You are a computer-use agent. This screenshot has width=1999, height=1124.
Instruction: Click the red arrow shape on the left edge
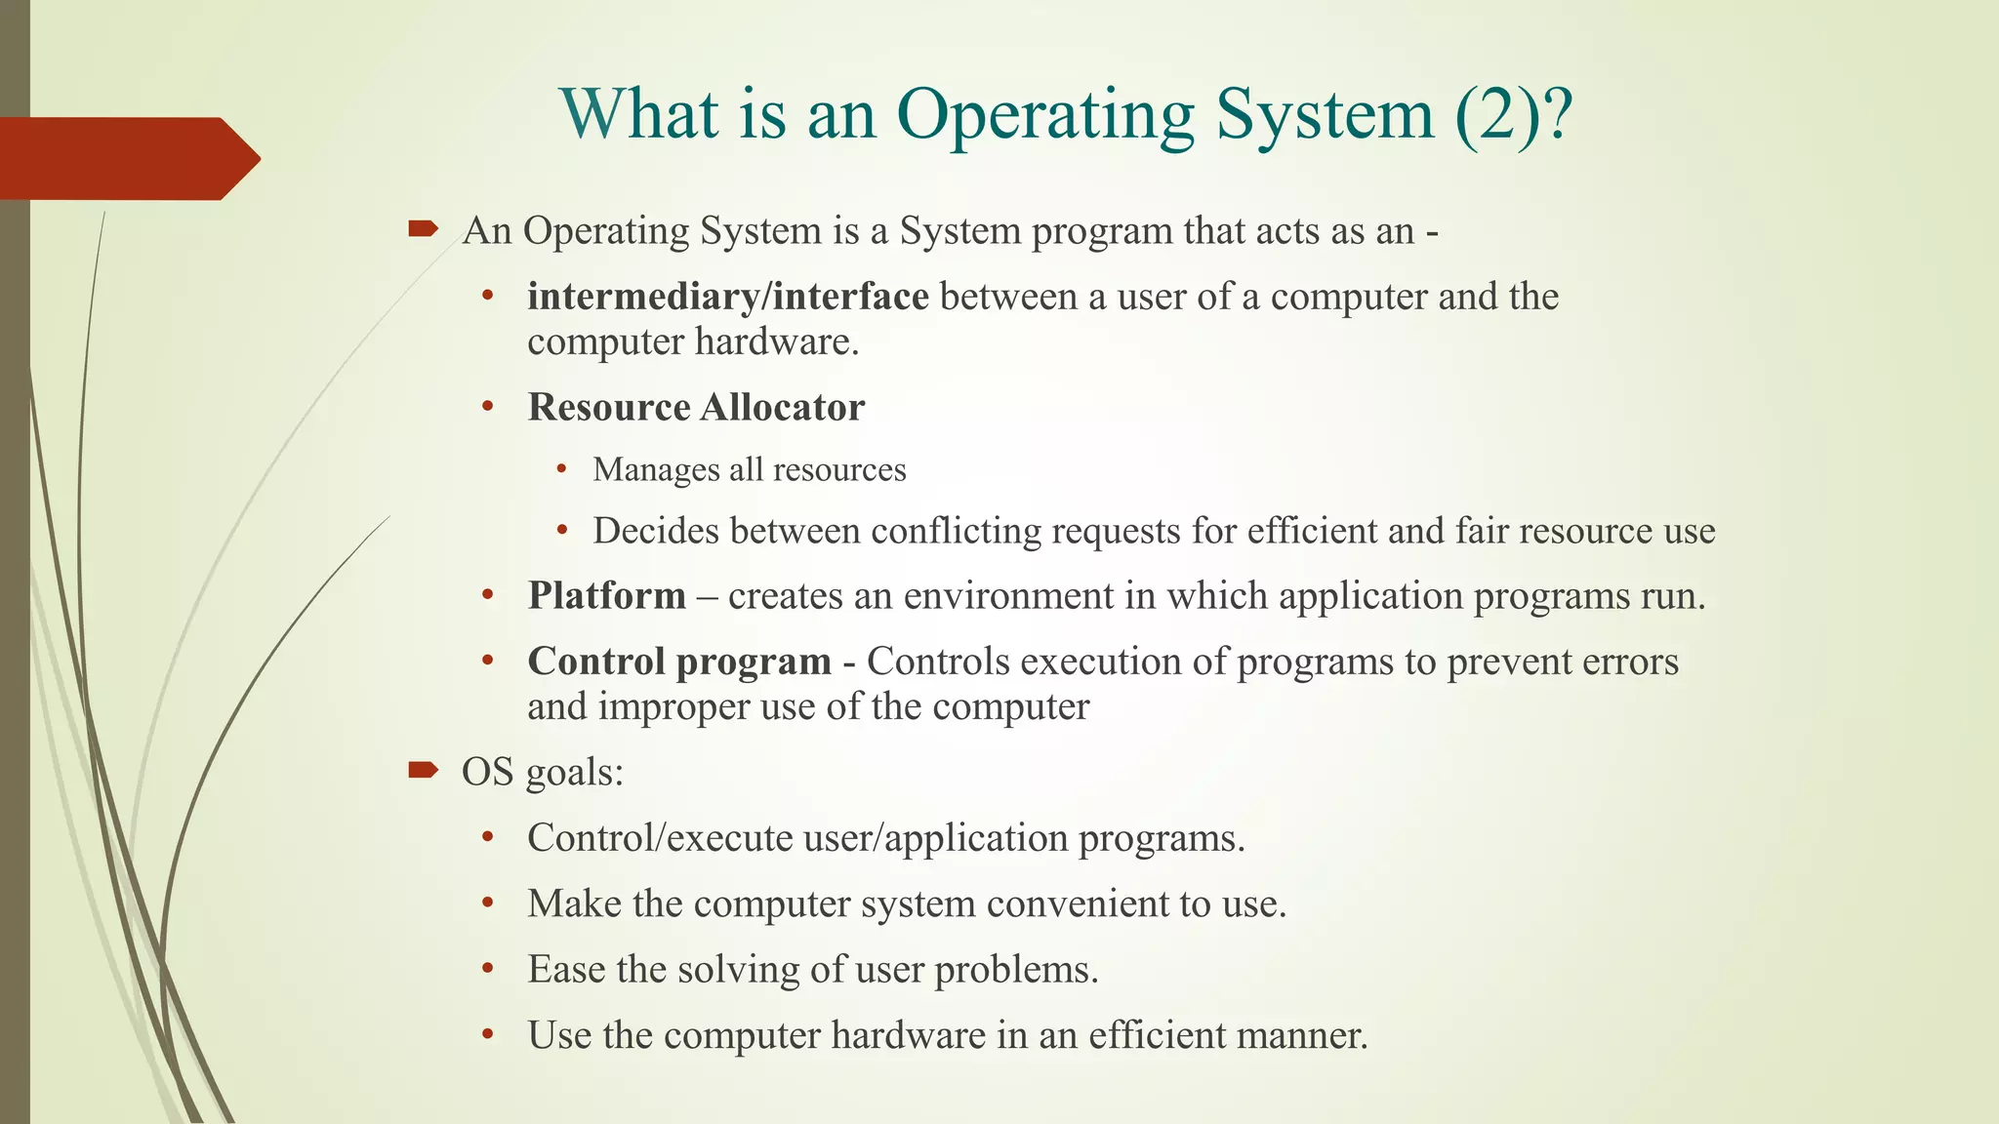(x=127, y=158)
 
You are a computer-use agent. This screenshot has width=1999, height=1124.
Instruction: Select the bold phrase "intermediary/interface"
(x=727, y=297)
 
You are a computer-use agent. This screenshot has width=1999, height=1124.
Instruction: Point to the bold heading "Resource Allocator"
(x=696, y=408)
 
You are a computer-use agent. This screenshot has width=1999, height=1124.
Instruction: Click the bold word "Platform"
(x=606, y=596)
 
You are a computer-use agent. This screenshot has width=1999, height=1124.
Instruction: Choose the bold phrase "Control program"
(x=679, y=662)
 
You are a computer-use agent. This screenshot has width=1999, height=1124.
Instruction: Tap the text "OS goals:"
(x=543, y=772)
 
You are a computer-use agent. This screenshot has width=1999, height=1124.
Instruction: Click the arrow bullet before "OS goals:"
(x=423, y=771)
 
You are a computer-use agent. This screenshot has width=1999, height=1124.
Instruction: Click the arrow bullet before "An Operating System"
(x=423, y=230)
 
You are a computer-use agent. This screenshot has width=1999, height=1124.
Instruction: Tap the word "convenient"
(x=1078, y=904)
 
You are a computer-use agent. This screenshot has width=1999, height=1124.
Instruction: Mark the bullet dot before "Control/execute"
(x=488, y=837)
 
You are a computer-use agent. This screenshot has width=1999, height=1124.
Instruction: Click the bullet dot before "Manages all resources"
(x=561, y=470)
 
